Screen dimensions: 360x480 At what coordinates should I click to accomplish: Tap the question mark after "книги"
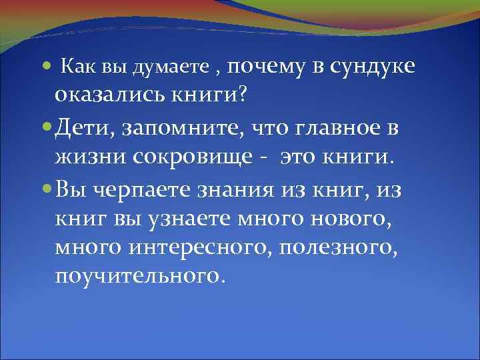(241, 95)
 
